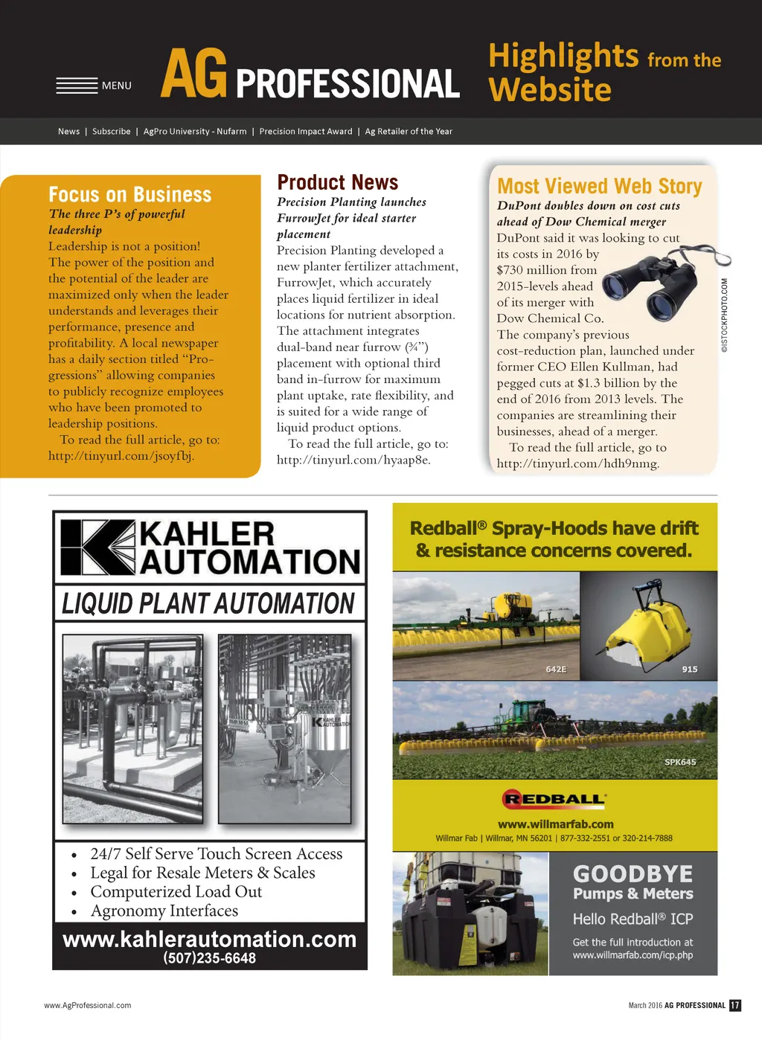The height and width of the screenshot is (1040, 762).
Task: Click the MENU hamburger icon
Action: [x=77, y=86]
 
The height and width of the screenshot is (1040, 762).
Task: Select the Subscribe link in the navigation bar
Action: [x=111, y=132]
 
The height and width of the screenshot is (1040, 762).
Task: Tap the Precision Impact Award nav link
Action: [x=306, y=132]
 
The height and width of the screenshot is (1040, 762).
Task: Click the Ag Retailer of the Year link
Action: [x=409, y=132]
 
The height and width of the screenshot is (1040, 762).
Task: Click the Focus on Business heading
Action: [x=130, y=195]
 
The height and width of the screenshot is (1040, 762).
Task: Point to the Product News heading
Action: [x=337, y=182]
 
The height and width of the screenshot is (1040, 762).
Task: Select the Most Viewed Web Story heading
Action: [x=599, y=186]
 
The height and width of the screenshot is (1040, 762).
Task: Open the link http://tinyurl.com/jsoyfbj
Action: [x=121, y=456]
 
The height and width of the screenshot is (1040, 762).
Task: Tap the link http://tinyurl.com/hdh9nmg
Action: [x=577, y=463]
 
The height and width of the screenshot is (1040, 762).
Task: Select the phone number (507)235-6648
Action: [x=209, y=958]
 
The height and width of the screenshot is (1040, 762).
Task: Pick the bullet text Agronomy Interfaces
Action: [x=164, y=911]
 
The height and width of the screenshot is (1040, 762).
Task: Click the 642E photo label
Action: [x=556, y=670]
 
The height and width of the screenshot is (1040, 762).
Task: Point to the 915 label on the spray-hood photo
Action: [x=690, y=670]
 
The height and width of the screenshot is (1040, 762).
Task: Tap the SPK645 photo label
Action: [x=680, y=762]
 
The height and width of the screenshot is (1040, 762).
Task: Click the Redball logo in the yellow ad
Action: [x=554, y=800]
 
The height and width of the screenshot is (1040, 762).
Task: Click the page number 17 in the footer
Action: [x=735, y=1005]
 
